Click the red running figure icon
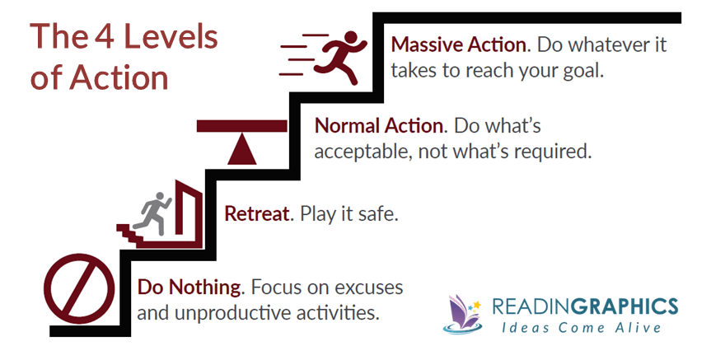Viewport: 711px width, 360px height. pos(340,57)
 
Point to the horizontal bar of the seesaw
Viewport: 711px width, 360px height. pos(242,126)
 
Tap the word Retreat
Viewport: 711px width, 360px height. pos(256,213)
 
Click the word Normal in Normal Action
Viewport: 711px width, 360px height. pos(348,125)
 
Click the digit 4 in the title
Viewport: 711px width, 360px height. pos(105,37)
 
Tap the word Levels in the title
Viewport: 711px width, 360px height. pos(171,36)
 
